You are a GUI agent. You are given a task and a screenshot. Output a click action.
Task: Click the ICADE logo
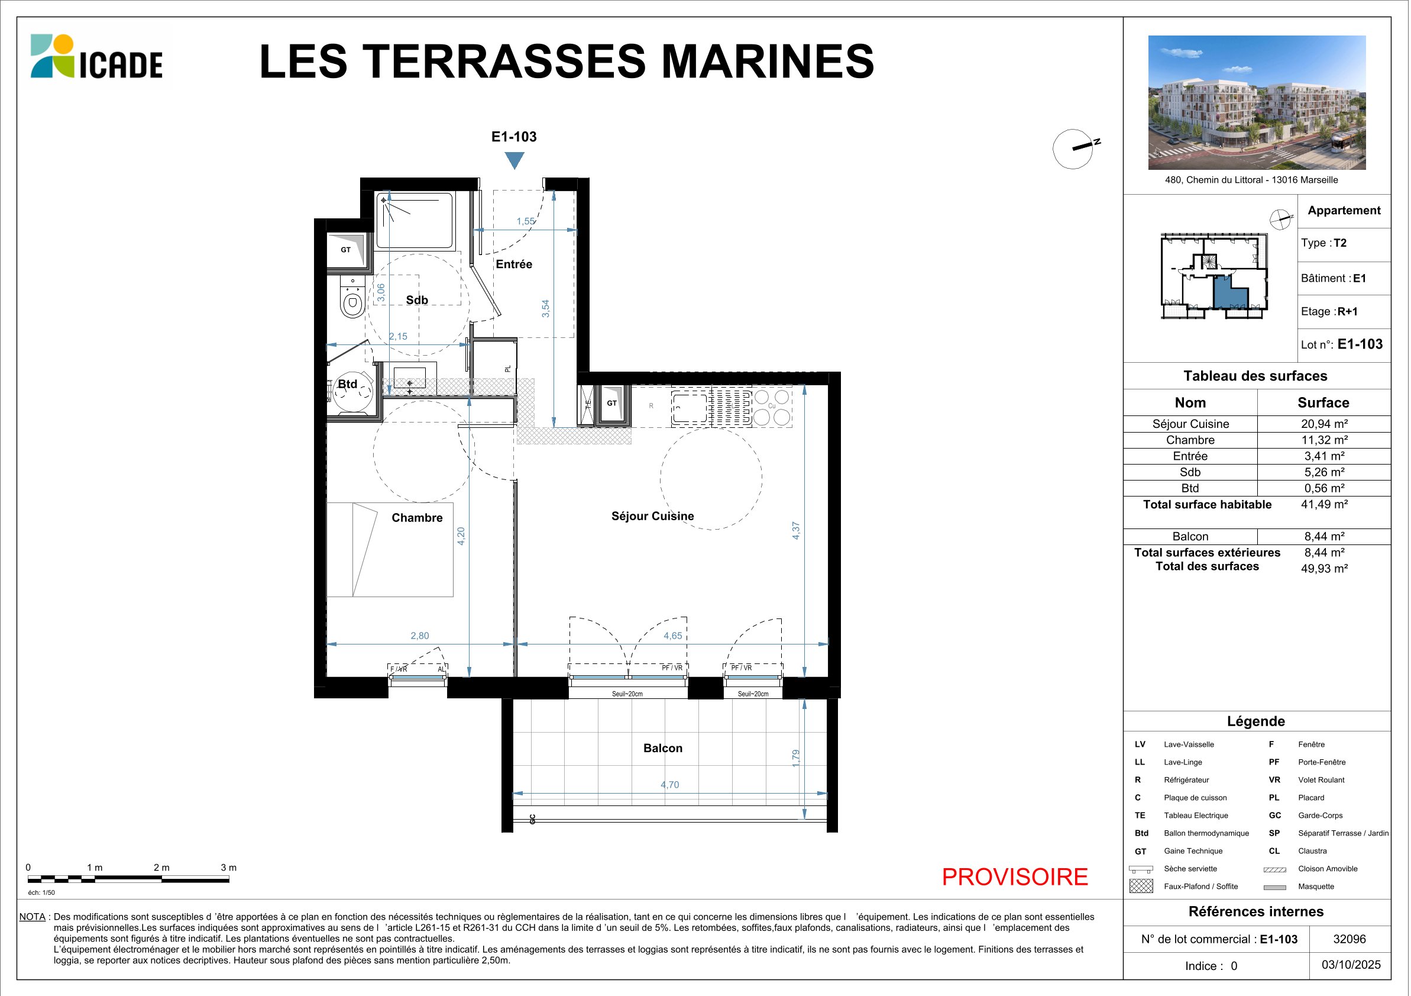point(96,57)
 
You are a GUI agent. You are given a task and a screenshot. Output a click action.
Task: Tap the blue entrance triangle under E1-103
point(514,160)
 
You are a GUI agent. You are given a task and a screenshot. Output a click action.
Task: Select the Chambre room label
point(417,518)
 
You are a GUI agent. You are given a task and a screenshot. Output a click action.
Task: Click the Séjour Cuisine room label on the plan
point(653,516)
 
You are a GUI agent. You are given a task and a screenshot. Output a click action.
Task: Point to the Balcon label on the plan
point(662,748)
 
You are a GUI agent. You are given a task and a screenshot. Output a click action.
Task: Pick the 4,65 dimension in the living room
point(673,636)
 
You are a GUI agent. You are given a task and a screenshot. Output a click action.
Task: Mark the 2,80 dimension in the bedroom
point(420,636)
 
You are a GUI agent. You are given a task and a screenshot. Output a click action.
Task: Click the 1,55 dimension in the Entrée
point(526,221)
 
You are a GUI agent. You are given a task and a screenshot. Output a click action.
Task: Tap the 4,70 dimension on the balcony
point(670,785)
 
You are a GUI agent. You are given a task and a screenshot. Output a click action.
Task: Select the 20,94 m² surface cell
point(1324,424)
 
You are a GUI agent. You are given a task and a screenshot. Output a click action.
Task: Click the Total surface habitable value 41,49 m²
point(1324,504)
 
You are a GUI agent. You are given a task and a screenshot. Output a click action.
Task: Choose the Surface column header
point(1323,402)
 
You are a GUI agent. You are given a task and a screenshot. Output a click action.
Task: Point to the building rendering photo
point(1257,102)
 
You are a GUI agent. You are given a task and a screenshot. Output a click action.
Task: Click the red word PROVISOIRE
point(1015,876)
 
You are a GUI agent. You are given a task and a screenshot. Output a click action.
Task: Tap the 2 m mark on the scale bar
point(161,868)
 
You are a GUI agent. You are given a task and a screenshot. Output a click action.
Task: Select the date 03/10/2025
point(1351,965)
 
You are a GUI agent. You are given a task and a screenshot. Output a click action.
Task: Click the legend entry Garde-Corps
point(1320,816)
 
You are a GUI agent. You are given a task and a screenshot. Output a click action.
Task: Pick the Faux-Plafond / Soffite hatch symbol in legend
point(1141,886)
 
